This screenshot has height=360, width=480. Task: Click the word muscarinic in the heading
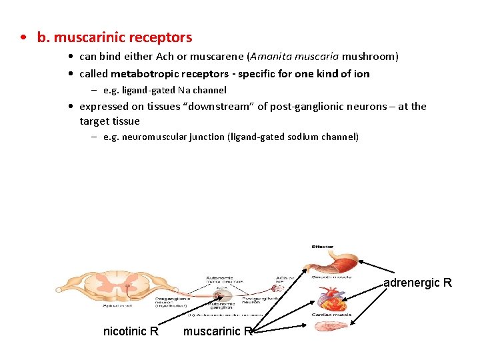(86, 37)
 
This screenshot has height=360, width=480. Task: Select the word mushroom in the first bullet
(370, 56)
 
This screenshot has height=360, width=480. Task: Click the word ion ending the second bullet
(361, 73)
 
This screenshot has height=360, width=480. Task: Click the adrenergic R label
(417, 283)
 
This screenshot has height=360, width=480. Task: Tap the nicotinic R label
(131, 331)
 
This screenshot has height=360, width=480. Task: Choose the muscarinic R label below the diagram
(217, 331)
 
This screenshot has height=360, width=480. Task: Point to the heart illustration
(331, 298)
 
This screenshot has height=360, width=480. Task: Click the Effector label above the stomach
(322, 247)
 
